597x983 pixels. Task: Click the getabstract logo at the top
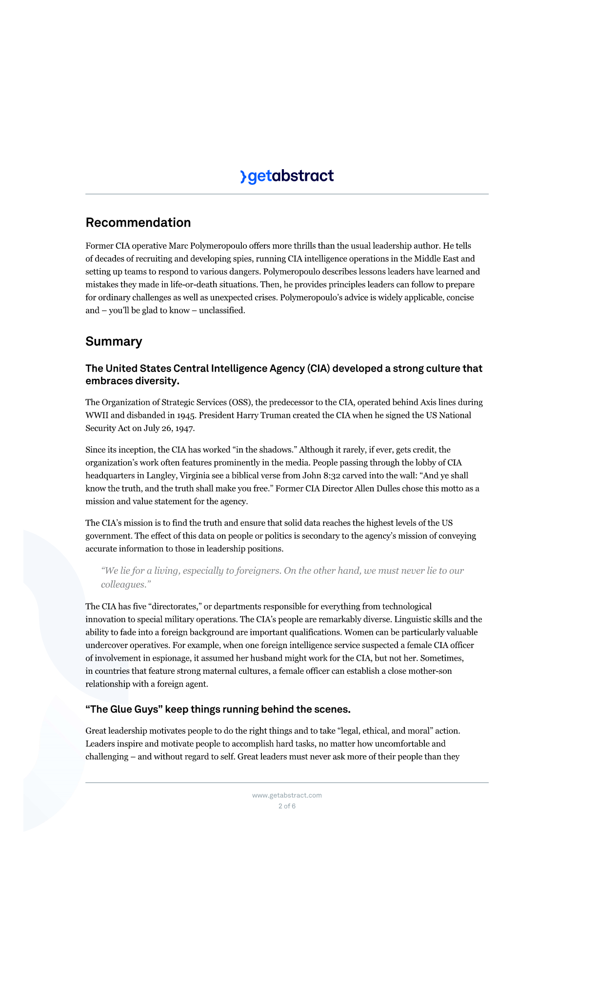(x=287, y=176)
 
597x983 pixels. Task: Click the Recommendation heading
(x=138, y=222)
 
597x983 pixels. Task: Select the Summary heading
(x=114, y=341)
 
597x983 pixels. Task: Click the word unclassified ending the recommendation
(x=221, y=311)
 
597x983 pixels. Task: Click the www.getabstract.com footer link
(x=287, y=795)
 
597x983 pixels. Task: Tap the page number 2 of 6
(x=287, y=806)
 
